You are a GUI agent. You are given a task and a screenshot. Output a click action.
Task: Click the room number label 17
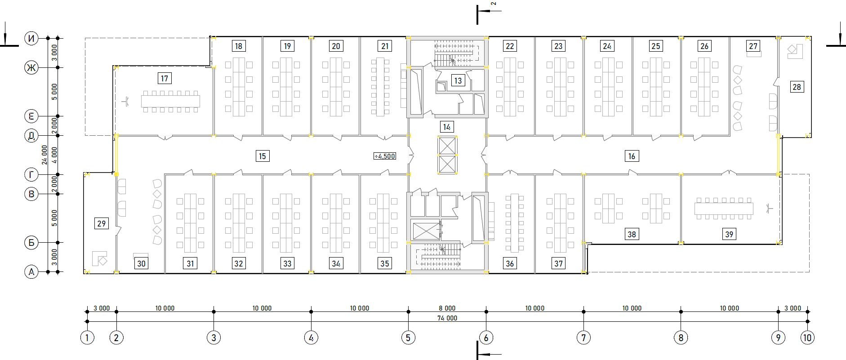coord(165,79)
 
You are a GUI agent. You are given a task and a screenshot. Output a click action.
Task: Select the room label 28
coord(797,87)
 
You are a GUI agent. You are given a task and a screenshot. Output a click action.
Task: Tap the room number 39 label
coord(729,234)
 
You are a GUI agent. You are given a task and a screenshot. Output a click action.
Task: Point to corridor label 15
coord(262,156)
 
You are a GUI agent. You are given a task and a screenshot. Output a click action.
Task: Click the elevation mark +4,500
coord(385,156)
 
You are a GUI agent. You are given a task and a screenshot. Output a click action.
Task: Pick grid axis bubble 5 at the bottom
coord(408,338)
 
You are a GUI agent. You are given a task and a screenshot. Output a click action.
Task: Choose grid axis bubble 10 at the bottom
coord(808,338)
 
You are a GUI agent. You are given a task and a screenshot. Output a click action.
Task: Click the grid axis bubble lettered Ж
coord(31,68)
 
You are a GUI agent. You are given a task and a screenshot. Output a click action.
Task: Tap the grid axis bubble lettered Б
coord(31,243)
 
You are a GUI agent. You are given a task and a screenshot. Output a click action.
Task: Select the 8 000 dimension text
coord(447,308)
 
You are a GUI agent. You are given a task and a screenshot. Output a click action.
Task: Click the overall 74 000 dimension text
coord(447,318)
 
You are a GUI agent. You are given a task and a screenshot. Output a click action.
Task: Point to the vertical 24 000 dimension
coord(44,155)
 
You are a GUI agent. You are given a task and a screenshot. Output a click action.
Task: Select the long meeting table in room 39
coord(724,209)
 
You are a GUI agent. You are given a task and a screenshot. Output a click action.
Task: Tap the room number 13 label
coord(458,81)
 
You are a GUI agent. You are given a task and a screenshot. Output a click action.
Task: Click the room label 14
coord(446,127)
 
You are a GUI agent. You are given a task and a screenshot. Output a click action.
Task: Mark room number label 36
coord(510,263)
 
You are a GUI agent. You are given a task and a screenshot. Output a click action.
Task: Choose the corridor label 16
coord(632,156)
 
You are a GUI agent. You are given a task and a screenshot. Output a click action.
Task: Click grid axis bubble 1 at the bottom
coord(87,338)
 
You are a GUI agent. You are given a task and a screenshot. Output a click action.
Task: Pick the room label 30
coord(141,263)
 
